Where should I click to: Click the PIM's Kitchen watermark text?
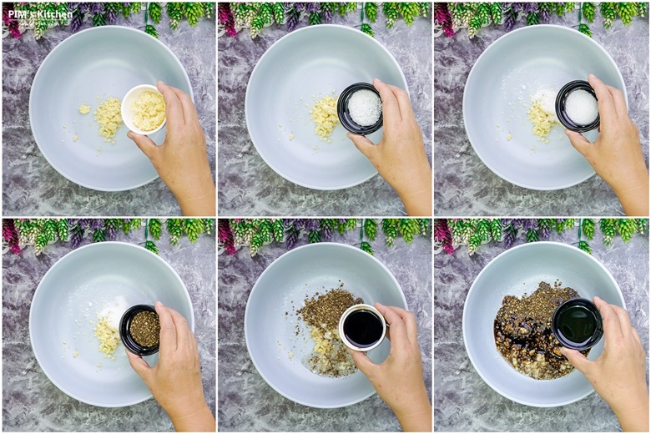(40, 14)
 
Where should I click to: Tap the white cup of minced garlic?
(144, 109)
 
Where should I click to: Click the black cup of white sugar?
(578, 106)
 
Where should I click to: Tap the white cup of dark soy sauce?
(362, 328)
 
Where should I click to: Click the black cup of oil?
(578, 323)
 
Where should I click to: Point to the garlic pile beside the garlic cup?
(108, 119)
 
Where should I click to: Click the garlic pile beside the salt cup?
(325, 118)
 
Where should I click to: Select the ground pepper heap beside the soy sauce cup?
(328, 308)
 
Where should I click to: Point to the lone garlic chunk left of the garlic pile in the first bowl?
(84, 109)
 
